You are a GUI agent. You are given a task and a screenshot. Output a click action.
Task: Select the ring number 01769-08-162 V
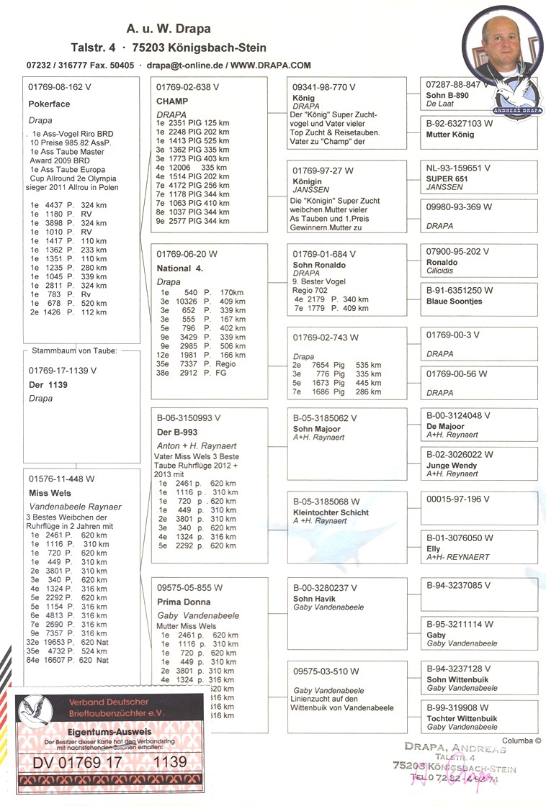pos(60,87)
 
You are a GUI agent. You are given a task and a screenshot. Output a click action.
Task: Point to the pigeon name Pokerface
pos(49,104)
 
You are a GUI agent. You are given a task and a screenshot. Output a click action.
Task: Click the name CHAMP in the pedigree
pos(172,101)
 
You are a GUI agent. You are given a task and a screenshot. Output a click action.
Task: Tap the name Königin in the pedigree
pos(308,182)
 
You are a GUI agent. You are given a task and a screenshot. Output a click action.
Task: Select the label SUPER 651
pos(447,178)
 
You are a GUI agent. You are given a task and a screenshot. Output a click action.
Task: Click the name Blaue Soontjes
pos(456,301)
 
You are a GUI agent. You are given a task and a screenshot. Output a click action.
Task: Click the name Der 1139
pos(48,385)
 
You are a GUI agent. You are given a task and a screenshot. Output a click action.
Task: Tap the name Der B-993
pos(178,432)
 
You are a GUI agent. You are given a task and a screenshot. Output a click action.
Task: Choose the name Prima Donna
pos(184,602)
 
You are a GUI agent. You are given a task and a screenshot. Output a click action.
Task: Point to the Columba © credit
pos(522,739)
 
